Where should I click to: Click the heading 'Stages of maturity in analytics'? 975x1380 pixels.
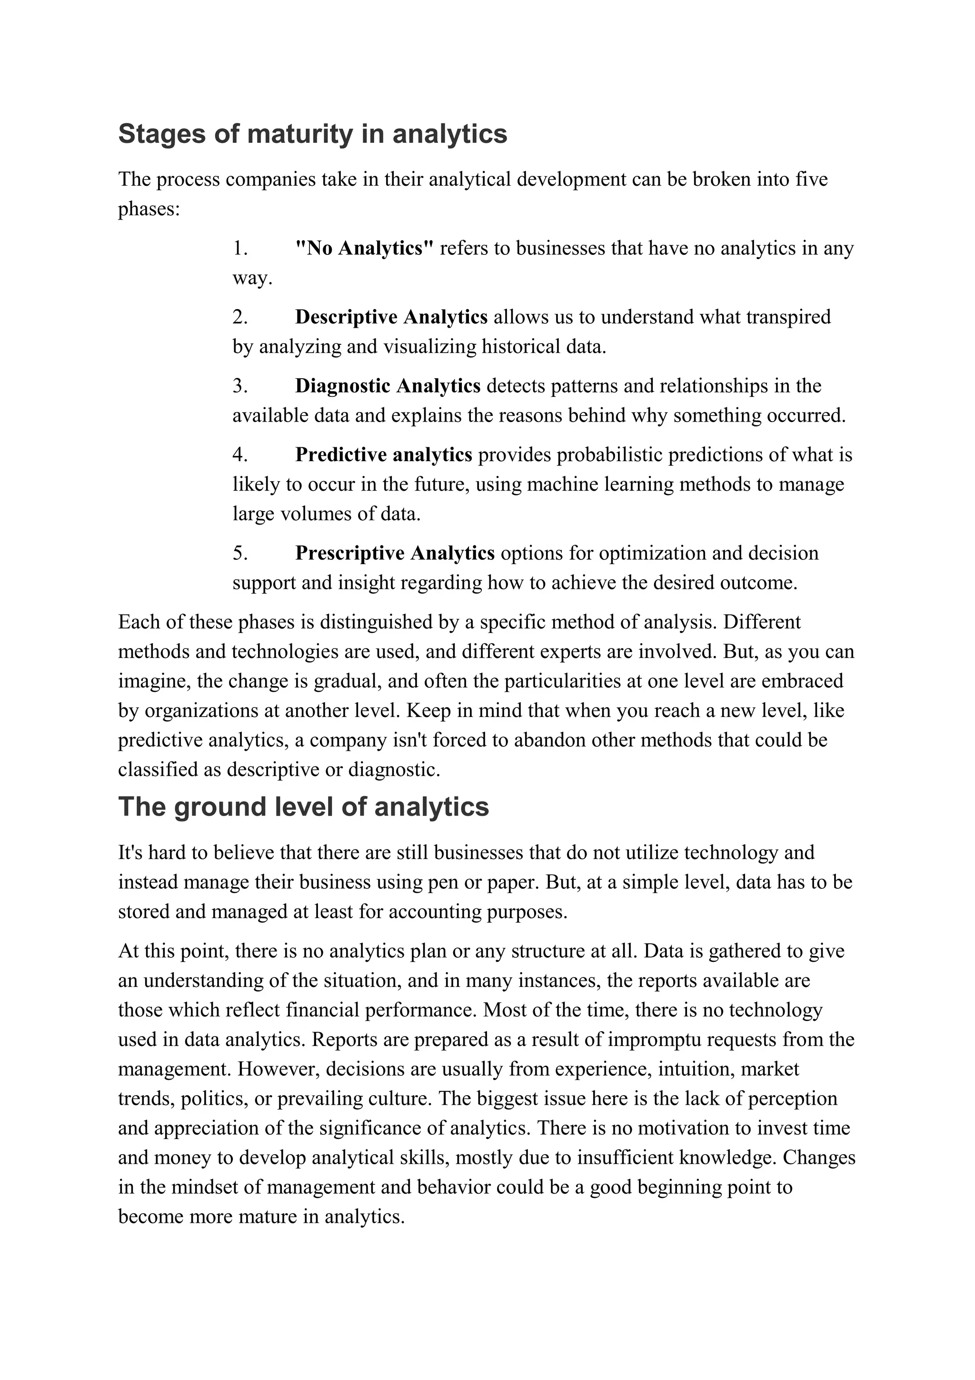(x=312, y=134)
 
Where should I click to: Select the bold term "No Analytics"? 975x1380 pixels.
(x=364, y=248)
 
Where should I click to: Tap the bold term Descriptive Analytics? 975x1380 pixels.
(x=391, y=317)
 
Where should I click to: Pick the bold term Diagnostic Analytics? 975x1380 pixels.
(x=388, y=386)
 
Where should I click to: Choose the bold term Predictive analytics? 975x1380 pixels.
(x=383, y=454)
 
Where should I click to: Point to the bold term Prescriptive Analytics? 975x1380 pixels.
(x=395, y=553)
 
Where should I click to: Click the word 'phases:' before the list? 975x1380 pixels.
(x=149, y=209)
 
